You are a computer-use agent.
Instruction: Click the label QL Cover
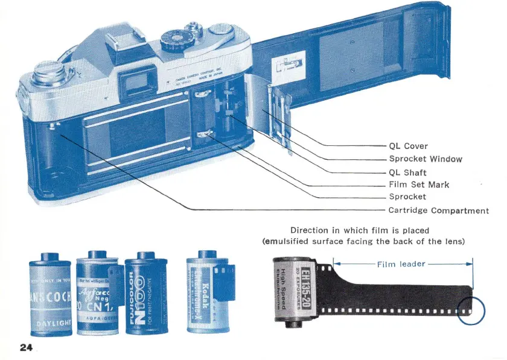click(408, 146)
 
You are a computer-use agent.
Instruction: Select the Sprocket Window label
click(425, 159)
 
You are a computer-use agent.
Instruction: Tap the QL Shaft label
click(407, 172)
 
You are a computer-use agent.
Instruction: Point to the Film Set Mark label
click(419, 185)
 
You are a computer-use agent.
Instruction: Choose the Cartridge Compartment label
click(438, 210)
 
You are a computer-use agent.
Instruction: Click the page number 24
click(25, 347)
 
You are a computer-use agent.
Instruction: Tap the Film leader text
click(401, 264)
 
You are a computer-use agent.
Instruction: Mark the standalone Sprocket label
click(407, 197)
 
